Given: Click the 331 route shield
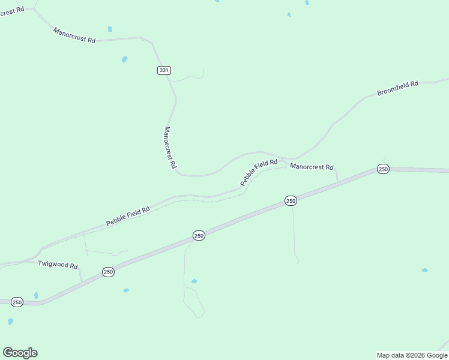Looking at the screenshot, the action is point(164,70).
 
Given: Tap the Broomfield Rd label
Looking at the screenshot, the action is point(397,89).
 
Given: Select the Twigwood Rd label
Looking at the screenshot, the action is point(58,265).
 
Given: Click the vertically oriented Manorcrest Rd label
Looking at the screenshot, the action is point(170,147).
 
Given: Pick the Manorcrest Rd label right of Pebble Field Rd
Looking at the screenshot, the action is point(312,167).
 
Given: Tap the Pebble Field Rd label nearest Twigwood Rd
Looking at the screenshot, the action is point(128,216).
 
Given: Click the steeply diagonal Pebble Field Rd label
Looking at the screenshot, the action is point(259,172).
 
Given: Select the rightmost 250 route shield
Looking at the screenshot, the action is point(384,169).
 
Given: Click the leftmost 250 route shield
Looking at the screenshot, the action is point(17,302).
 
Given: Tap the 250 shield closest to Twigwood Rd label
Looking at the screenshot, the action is point(108,272).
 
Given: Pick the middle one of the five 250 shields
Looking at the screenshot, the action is point(199,236).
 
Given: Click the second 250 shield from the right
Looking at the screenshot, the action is point(291,200).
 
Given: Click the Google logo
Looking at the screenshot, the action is point(20,353).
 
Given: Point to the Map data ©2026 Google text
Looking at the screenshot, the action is point(412,355).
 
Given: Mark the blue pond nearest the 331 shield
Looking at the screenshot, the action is point(124,59).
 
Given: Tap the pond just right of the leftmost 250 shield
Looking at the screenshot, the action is point(36,295).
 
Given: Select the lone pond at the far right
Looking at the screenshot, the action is point(424,270).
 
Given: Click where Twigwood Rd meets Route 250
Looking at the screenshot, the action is point(82,281).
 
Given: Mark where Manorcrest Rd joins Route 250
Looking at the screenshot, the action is point(338,181).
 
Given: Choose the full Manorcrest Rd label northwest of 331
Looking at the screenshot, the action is point(74,35).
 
